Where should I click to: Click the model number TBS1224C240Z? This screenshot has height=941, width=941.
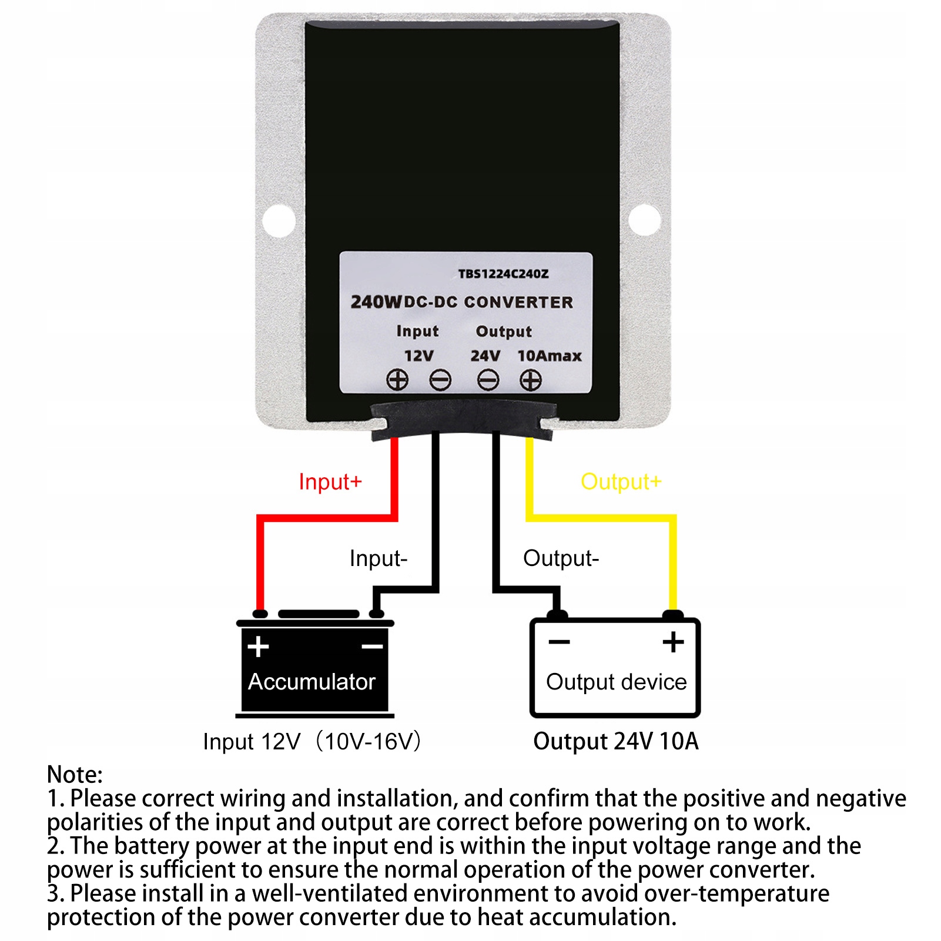[503, 274]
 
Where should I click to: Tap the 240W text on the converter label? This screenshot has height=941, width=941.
[376, 302]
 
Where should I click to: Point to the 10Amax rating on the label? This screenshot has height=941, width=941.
[550, 356]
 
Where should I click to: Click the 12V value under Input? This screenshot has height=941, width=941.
[418, 356]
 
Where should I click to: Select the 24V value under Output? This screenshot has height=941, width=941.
[485, 356]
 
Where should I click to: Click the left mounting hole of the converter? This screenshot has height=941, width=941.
[279, 220]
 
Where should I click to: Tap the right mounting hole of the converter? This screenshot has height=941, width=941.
[645, 219]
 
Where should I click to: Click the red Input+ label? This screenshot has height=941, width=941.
[330, 482]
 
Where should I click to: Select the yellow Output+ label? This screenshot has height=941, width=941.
[621, 482]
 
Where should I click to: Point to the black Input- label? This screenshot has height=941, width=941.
[378, 558]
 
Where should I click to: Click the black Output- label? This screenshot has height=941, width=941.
[561, 558]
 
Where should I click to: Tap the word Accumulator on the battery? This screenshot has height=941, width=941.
[312, 682]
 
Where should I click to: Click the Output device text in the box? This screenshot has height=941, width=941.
[616, 682]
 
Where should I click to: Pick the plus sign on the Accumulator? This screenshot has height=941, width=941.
[258, 647]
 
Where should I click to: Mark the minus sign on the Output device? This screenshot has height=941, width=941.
[559, 642]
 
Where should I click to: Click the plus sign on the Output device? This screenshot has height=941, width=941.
[673, 642]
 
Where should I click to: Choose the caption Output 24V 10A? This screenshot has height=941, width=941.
[615, 741]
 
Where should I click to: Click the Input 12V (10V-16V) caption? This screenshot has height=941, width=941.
[312, 742]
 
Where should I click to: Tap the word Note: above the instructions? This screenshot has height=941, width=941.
[75, 774]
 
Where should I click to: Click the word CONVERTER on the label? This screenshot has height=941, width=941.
[518, 303]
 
